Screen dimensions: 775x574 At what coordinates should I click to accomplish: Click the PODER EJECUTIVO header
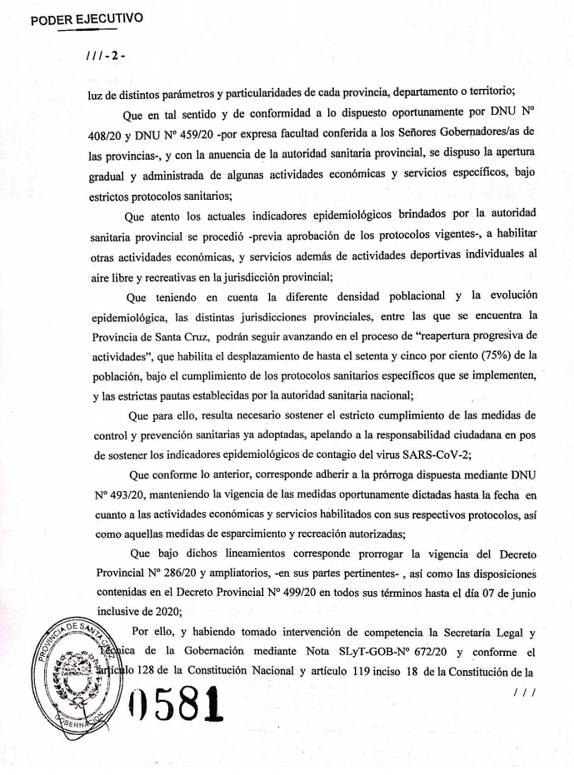(x=87, y=17)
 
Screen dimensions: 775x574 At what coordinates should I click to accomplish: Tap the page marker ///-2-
(x=107, y=60)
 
